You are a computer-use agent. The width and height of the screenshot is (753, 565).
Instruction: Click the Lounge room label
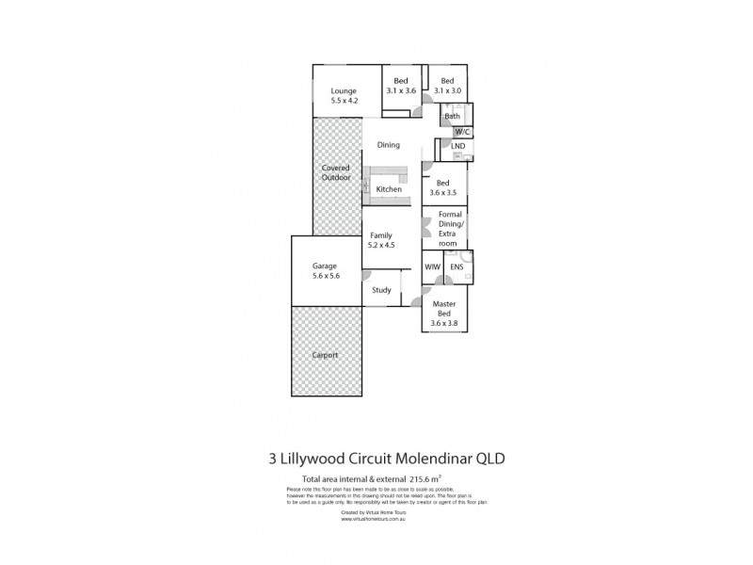(x=343, y=96)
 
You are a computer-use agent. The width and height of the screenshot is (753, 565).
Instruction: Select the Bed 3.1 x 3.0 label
(x=447, y=86)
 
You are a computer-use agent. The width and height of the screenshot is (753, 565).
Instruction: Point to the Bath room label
(x=452, y=116)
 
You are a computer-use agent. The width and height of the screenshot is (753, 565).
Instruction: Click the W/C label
(x=462, y=131)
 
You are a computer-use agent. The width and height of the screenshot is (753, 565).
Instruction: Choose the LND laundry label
(x=457, y=147)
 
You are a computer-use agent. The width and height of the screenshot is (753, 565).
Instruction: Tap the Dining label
(x=388, y=145)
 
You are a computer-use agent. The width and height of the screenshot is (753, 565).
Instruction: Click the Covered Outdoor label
(x=335, y=172)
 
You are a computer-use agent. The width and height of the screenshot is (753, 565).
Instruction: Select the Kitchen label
(x=389, y=189)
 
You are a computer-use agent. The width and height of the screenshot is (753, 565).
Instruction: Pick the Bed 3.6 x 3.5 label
(x=442, y=187)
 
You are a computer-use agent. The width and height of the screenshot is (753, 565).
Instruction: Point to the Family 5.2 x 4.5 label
(x=381, y=240)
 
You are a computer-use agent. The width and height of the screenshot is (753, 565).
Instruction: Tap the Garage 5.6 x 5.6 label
(x=325, y=271)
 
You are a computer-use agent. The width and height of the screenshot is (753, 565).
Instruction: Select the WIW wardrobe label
(x=432, y=267)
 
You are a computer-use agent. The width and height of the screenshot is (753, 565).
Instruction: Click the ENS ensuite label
(x=457, y=267)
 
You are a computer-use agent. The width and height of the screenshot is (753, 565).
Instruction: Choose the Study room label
(x=381, y=289)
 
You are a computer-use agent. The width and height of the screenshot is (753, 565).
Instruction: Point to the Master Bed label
(x=444, y=314)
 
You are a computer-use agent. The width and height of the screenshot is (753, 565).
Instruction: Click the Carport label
(x=327, y=355)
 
